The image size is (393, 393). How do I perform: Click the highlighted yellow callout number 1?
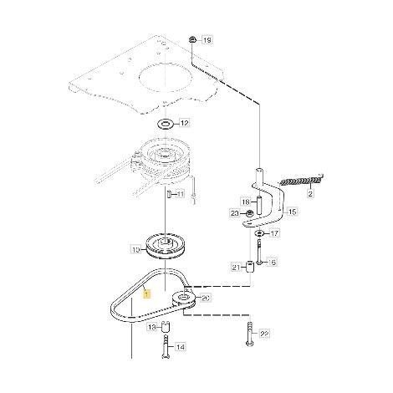click(146, 294)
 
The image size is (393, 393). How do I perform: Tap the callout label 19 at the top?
click(207, 40)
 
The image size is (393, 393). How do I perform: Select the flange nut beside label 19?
click(192, 39)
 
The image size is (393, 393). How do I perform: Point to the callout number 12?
click(184, 123)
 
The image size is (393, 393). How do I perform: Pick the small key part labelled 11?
click(168, 194)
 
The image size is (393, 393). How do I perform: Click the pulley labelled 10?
click(166, 248)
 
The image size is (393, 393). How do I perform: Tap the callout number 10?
click(136, 250)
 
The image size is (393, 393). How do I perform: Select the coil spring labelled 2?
click(301, 181)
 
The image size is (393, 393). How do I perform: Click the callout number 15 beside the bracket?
click(292, 212)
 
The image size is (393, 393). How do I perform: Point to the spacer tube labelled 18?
click(259, 206)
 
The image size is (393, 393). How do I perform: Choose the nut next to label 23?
click(249, 214)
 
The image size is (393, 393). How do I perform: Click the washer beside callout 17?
click(259, 233)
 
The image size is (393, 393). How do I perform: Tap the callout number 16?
click(272, 263)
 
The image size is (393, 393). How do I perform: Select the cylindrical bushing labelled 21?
click(250, 267)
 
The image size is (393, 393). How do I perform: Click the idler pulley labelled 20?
click(183, 299)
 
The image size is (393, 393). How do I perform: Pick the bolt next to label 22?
click(250, 334)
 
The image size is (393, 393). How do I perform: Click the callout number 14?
click(181, 347)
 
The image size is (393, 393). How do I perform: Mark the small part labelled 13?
click(166, 326)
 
